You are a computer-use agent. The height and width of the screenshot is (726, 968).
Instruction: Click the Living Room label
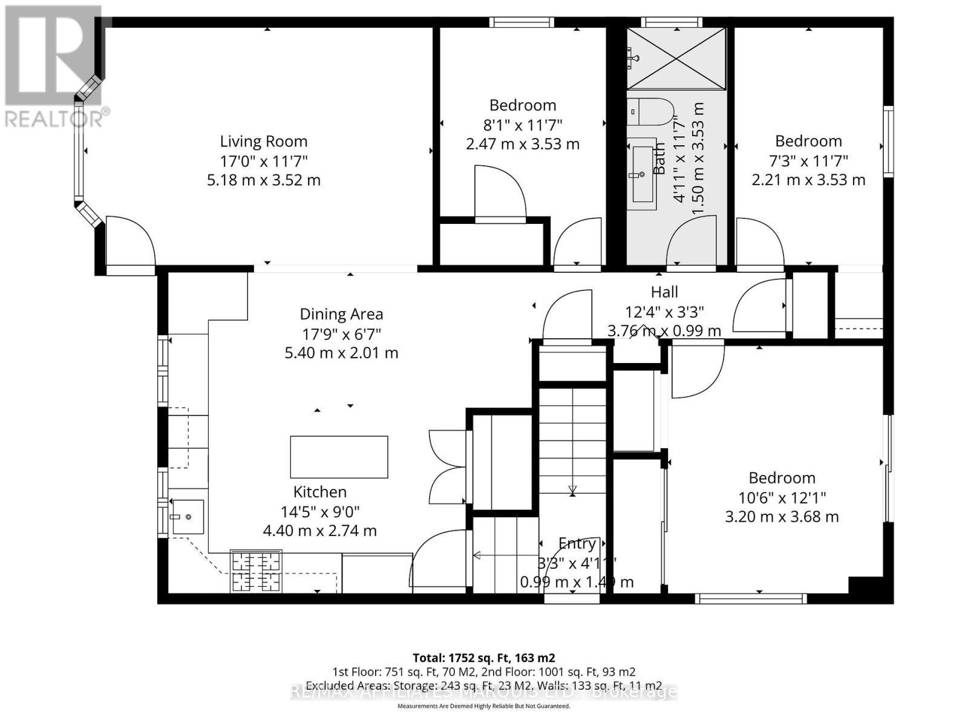click(263, 142)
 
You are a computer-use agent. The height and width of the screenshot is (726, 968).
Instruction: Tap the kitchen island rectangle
click(339, 457)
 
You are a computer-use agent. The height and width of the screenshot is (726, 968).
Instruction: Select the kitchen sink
click(188, 517)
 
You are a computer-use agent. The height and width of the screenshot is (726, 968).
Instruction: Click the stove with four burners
click(257, 571)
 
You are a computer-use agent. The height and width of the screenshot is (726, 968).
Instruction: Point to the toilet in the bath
click(649, 111)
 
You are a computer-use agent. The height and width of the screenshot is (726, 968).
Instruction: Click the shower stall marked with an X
click(676, 59)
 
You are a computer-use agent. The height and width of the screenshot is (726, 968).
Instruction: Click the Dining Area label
click(341, 314)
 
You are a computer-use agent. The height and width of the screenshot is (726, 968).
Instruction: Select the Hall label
click(664, 292)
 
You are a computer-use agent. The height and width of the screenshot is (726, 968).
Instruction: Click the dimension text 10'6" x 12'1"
click(782, 498)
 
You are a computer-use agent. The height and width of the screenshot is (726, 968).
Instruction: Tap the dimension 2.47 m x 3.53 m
click(522, 144)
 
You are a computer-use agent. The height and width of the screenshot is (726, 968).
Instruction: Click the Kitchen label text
click(320, 492)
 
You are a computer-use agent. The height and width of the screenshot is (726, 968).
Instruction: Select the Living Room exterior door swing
click(129, 242)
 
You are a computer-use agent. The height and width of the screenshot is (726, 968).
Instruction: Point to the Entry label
click(577, 543)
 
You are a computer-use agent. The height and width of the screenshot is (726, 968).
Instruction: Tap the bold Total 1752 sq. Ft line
click(483, 658)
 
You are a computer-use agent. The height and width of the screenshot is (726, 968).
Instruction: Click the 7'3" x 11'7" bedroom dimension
click(808, 161)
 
